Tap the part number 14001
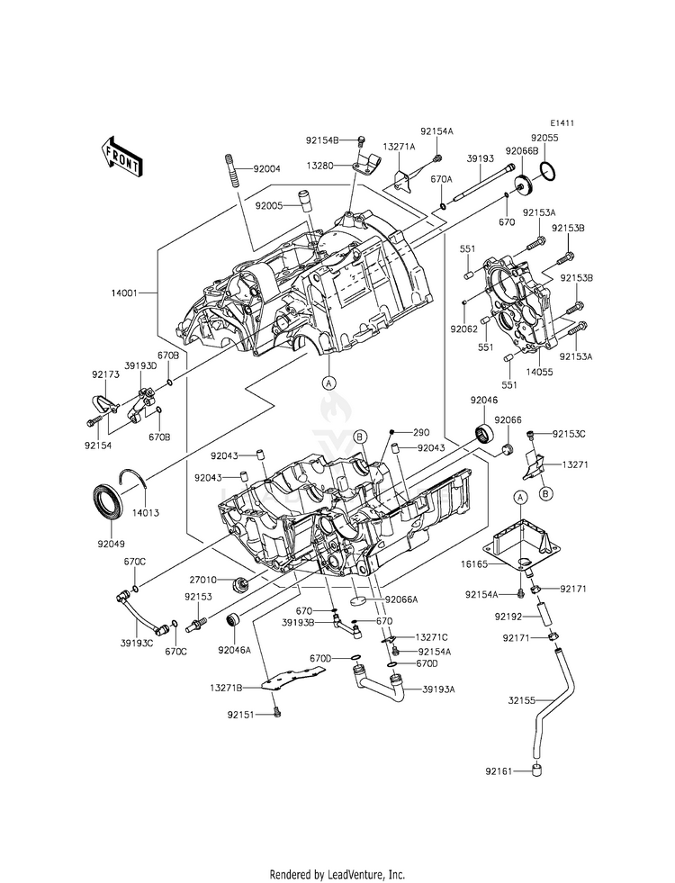[x=124, y=293]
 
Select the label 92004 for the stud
[x=266, y=169]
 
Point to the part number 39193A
[x=442, y=689]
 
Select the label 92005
[x=268, y=206]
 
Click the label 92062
[x=464, y=329]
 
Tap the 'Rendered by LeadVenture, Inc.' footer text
[x=337, y=874]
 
